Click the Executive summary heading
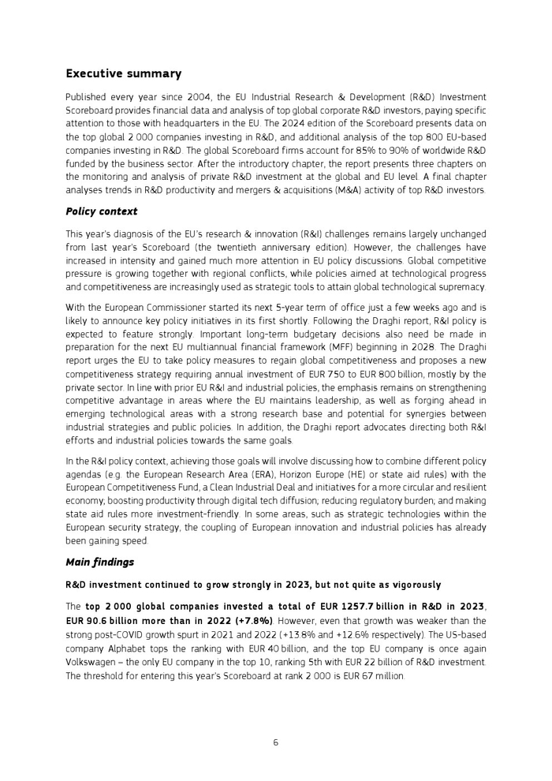coord(123,74)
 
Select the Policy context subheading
coord(101,211)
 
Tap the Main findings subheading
coord(99,562)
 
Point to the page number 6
coord(276,742)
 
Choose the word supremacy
coord(460,286)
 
